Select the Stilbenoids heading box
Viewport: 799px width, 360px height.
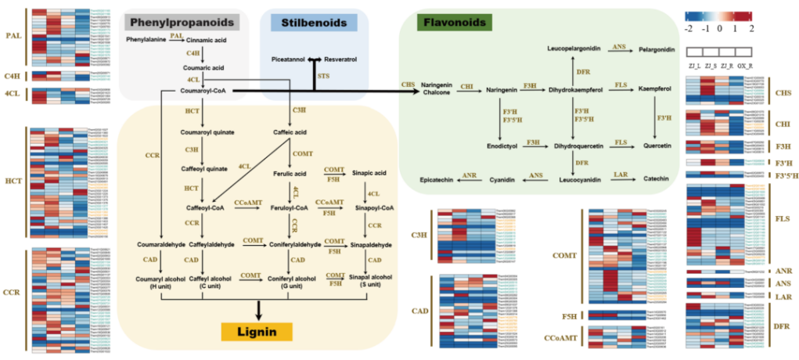click(314, 23)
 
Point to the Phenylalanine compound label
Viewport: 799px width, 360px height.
click(146, 39)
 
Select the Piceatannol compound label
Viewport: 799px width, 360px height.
click(288, 59)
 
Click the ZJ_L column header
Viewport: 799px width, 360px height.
click(692, 66)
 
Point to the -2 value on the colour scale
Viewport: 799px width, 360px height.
click(688, 27)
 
